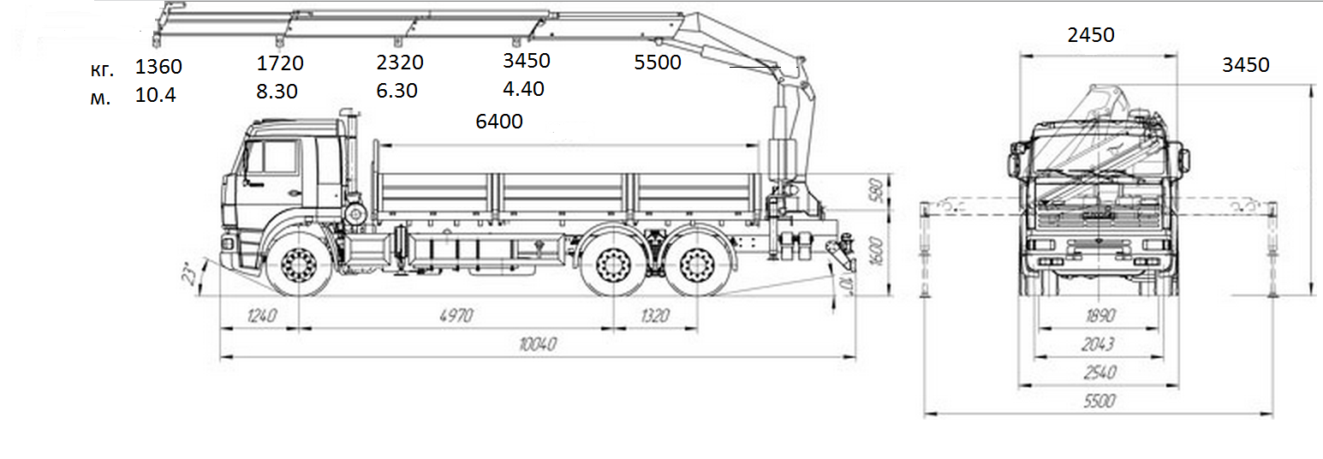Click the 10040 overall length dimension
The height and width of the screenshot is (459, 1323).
point(538,344)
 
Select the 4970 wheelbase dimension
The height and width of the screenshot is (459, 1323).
point(456,316)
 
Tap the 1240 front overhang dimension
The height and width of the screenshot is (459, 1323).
point(262,316)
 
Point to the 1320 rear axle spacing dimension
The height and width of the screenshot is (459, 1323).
point(655,316)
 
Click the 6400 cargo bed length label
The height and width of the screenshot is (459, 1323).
point(499,121)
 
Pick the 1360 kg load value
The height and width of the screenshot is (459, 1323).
point(158,67)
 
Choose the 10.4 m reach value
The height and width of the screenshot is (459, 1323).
point(155,95)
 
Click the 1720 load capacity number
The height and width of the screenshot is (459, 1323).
point(280,63)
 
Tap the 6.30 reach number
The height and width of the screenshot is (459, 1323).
point(397,91)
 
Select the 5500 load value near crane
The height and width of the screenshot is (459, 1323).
point(658,62)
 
